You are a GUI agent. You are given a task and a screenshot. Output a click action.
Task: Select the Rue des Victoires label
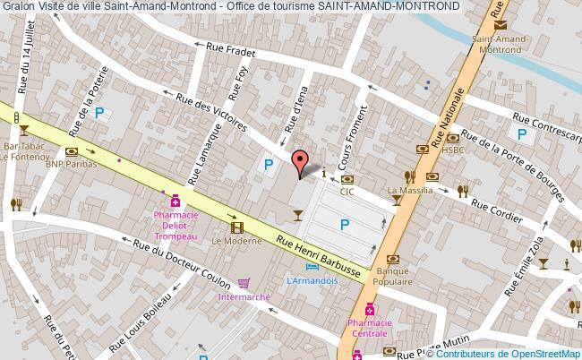point(212,113)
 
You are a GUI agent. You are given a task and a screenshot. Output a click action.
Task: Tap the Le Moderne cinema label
point(231,241)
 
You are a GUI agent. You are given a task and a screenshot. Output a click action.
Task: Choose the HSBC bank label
point(454,149)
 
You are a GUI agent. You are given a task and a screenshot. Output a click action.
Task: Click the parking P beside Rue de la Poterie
point(101,114)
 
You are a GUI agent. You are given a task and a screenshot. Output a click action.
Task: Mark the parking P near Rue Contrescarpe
point(521,133)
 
